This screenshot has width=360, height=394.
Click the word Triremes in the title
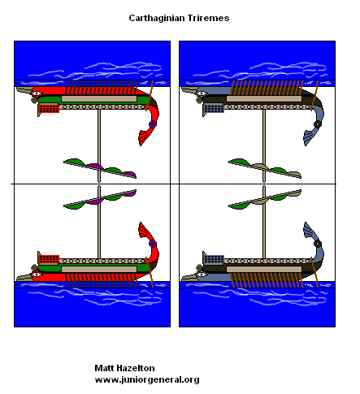coord(207,16)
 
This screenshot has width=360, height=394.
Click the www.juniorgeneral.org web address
coord(147,379)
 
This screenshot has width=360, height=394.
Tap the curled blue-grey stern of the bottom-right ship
coord(312,239)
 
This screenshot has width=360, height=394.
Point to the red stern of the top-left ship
coord(149,128)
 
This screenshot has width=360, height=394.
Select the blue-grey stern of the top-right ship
coord(313,128)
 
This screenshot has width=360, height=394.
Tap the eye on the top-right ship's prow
coord(201,93)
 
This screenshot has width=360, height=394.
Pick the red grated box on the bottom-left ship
coord(49,259)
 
